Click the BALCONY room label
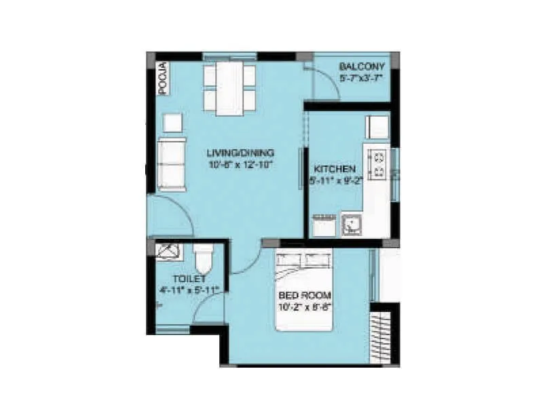[362, 66]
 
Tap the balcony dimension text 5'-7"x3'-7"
[362, 78]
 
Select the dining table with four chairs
[229, 88]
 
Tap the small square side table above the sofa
[172, 123]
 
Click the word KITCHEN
[334, 169]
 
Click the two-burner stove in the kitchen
[377, 163]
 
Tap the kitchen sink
[352, 225]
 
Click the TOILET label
[189, 279]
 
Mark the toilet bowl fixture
[204, 258]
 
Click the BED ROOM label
[305, 295]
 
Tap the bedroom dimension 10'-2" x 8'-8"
[305, 307]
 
